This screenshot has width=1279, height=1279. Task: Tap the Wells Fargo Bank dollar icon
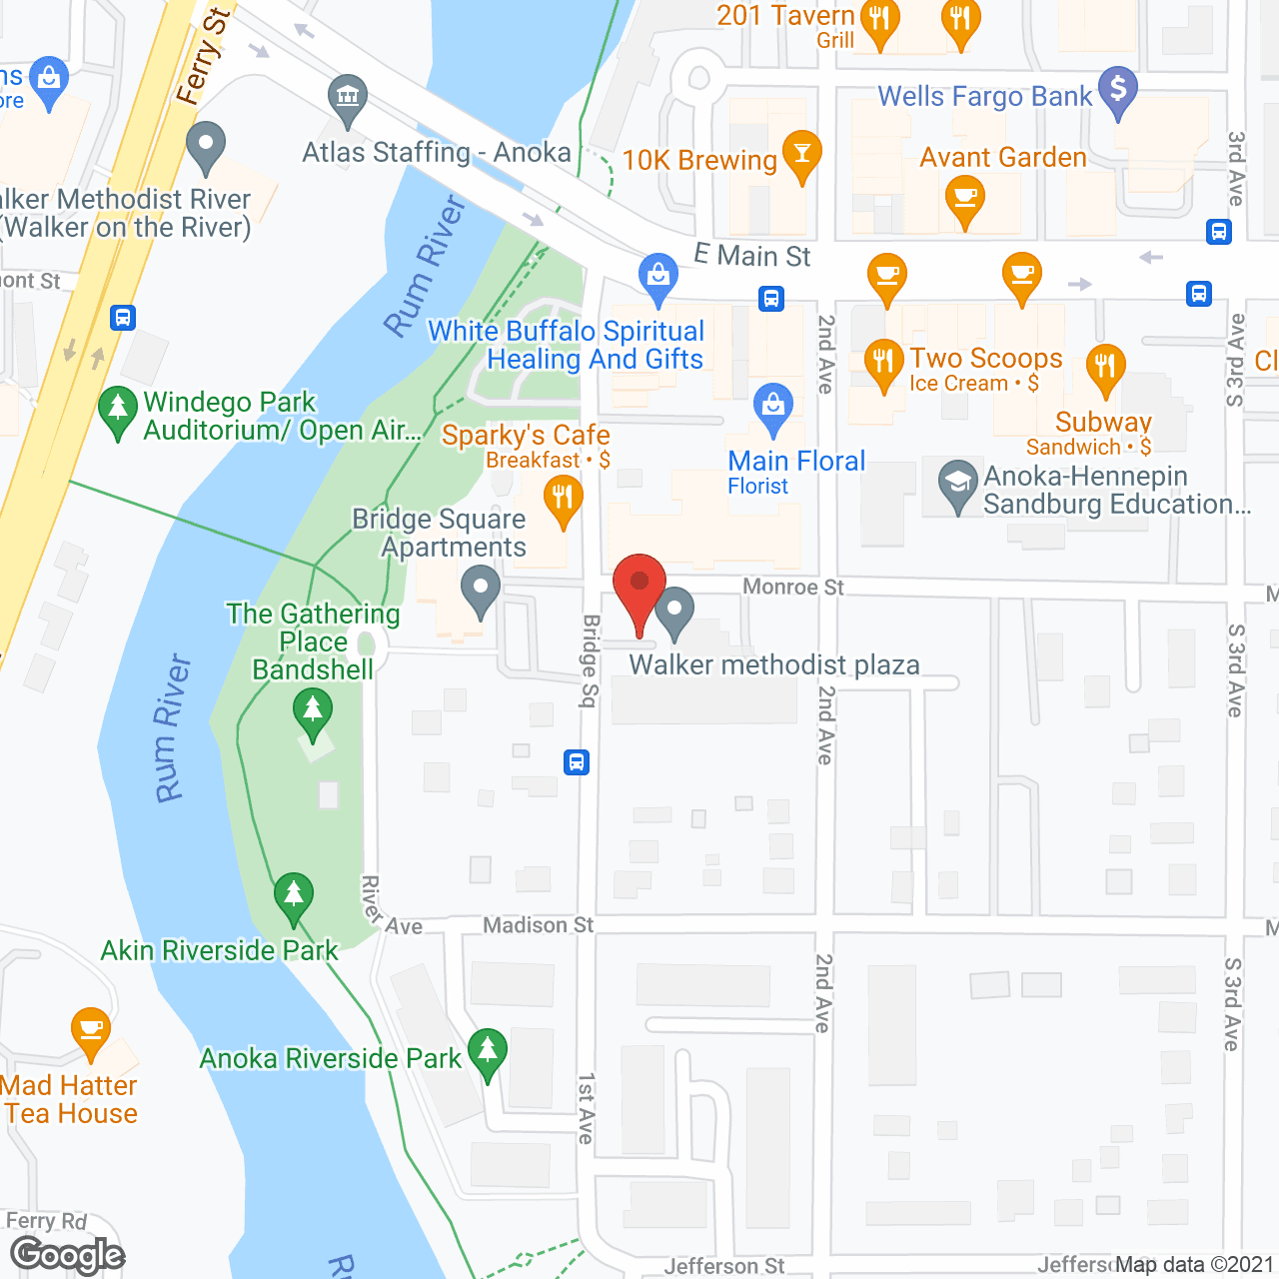click(x=1118, y=90)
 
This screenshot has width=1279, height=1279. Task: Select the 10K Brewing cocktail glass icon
click(x=801, y=154)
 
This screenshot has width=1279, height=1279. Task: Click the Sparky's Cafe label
click(x=526, y=436)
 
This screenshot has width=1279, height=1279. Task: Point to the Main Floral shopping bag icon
click(x=772, y=407)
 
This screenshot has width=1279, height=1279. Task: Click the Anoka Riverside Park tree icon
click(x=488, y=1051)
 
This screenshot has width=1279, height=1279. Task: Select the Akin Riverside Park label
click(x=220, y=950)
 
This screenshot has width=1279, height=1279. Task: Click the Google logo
click(x=67, y=1255)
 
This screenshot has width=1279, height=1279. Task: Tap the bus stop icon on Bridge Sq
click(x=577, y=762)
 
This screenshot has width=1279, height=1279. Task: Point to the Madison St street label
click(x=538, y=925)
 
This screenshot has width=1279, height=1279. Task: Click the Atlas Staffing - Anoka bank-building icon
click(x=348, y=97)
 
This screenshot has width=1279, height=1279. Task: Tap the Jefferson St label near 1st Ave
click(x=724, y=1266)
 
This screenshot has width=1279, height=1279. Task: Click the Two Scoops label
click(x=985, y=358)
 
